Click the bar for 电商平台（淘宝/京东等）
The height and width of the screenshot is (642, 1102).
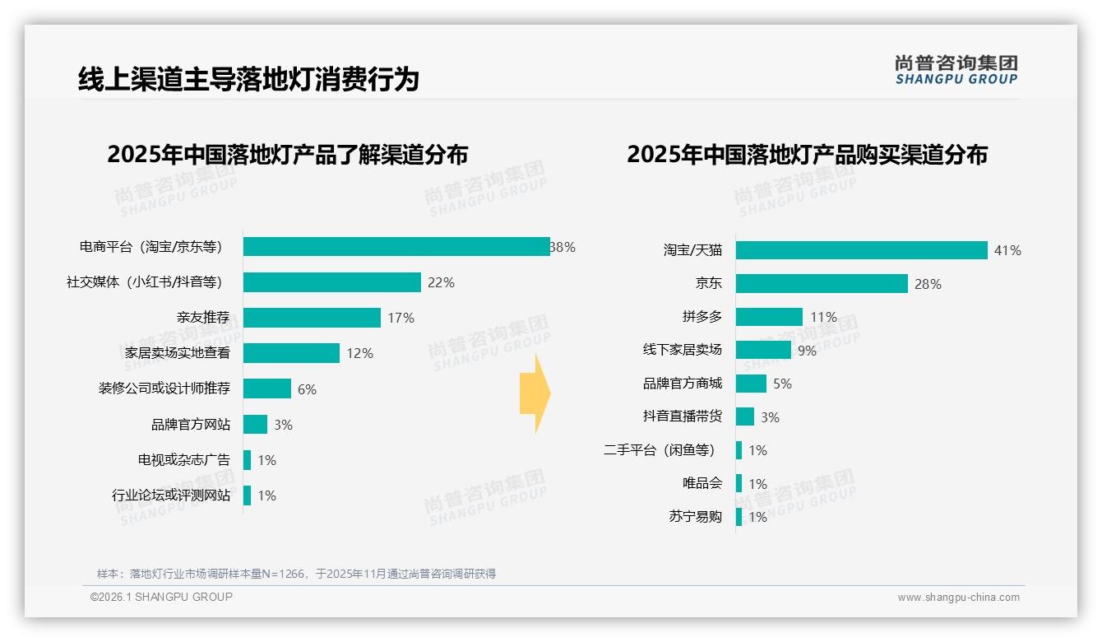click(396, 247)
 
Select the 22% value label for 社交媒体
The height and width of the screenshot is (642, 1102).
click(441, 282)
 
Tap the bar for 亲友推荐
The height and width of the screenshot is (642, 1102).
click(312, 318)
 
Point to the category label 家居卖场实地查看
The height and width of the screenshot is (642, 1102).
click(172, 353)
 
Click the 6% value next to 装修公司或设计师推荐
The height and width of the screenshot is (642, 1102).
click(307, 389)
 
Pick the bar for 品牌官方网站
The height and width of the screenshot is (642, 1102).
click(255, 425)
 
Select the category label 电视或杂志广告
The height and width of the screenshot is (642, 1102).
click(184, 460)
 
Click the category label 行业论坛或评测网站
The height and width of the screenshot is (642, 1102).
click(171, 495)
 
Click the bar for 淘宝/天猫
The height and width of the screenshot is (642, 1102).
click(861, 250)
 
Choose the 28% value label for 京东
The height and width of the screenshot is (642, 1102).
click(928, 284)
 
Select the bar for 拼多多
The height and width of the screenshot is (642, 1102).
click(769, 317)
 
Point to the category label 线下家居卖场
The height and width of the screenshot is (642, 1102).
click(683, 350)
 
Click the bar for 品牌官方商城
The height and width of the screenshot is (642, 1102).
click(751, 384)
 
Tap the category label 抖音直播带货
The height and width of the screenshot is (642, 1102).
click(683, 416)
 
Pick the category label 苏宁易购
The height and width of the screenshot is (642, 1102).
click(695, 517)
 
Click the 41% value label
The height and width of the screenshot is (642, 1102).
click(1007, 250)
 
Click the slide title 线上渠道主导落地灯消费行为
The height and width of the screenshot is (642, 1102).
click(248, 79)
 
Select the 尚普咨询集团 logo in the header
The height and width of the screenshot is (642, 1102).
click(956, 69)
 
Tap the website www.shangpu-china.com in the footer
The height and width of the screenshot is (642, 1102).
click(958, 598)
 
